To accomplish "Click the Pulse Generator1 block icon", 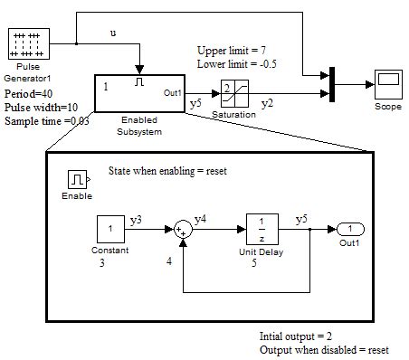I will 24,44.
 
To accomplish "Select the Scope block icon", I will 387,85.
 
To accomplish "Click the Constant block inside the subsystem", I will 110,230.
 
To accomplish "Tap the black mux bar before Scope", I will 332,85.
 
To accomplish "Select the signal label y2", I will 267,104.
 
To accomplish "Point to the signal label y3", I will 136,220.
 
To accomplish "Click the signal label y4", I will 201,218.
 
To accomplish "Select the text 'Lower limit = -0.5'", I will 240,64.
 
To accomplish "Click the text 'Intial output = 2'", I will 300,335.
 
